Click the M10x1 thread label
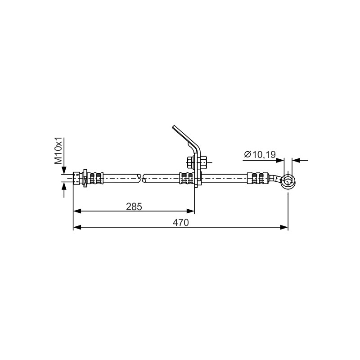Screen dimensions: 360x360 (58, 151)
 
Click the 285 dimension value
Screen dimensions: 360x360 (134, 207)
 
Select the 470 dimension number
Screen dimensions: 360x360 (180, 222)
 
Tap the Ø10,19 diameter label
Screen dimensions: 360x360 (260, 154)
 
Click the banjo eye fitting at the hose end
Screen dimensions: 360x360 (288, 182)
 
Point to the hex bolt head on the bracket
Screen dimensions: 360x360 (190, 162)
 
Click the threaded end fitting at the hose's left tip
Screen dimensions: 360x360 (77, 178)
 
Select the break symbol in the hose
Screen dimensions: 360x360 (142, 178)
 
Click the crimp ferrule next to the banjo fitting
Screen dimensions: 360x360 (257, 178)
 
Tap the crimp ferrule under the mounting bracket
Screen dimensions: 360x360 (187, 178)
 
